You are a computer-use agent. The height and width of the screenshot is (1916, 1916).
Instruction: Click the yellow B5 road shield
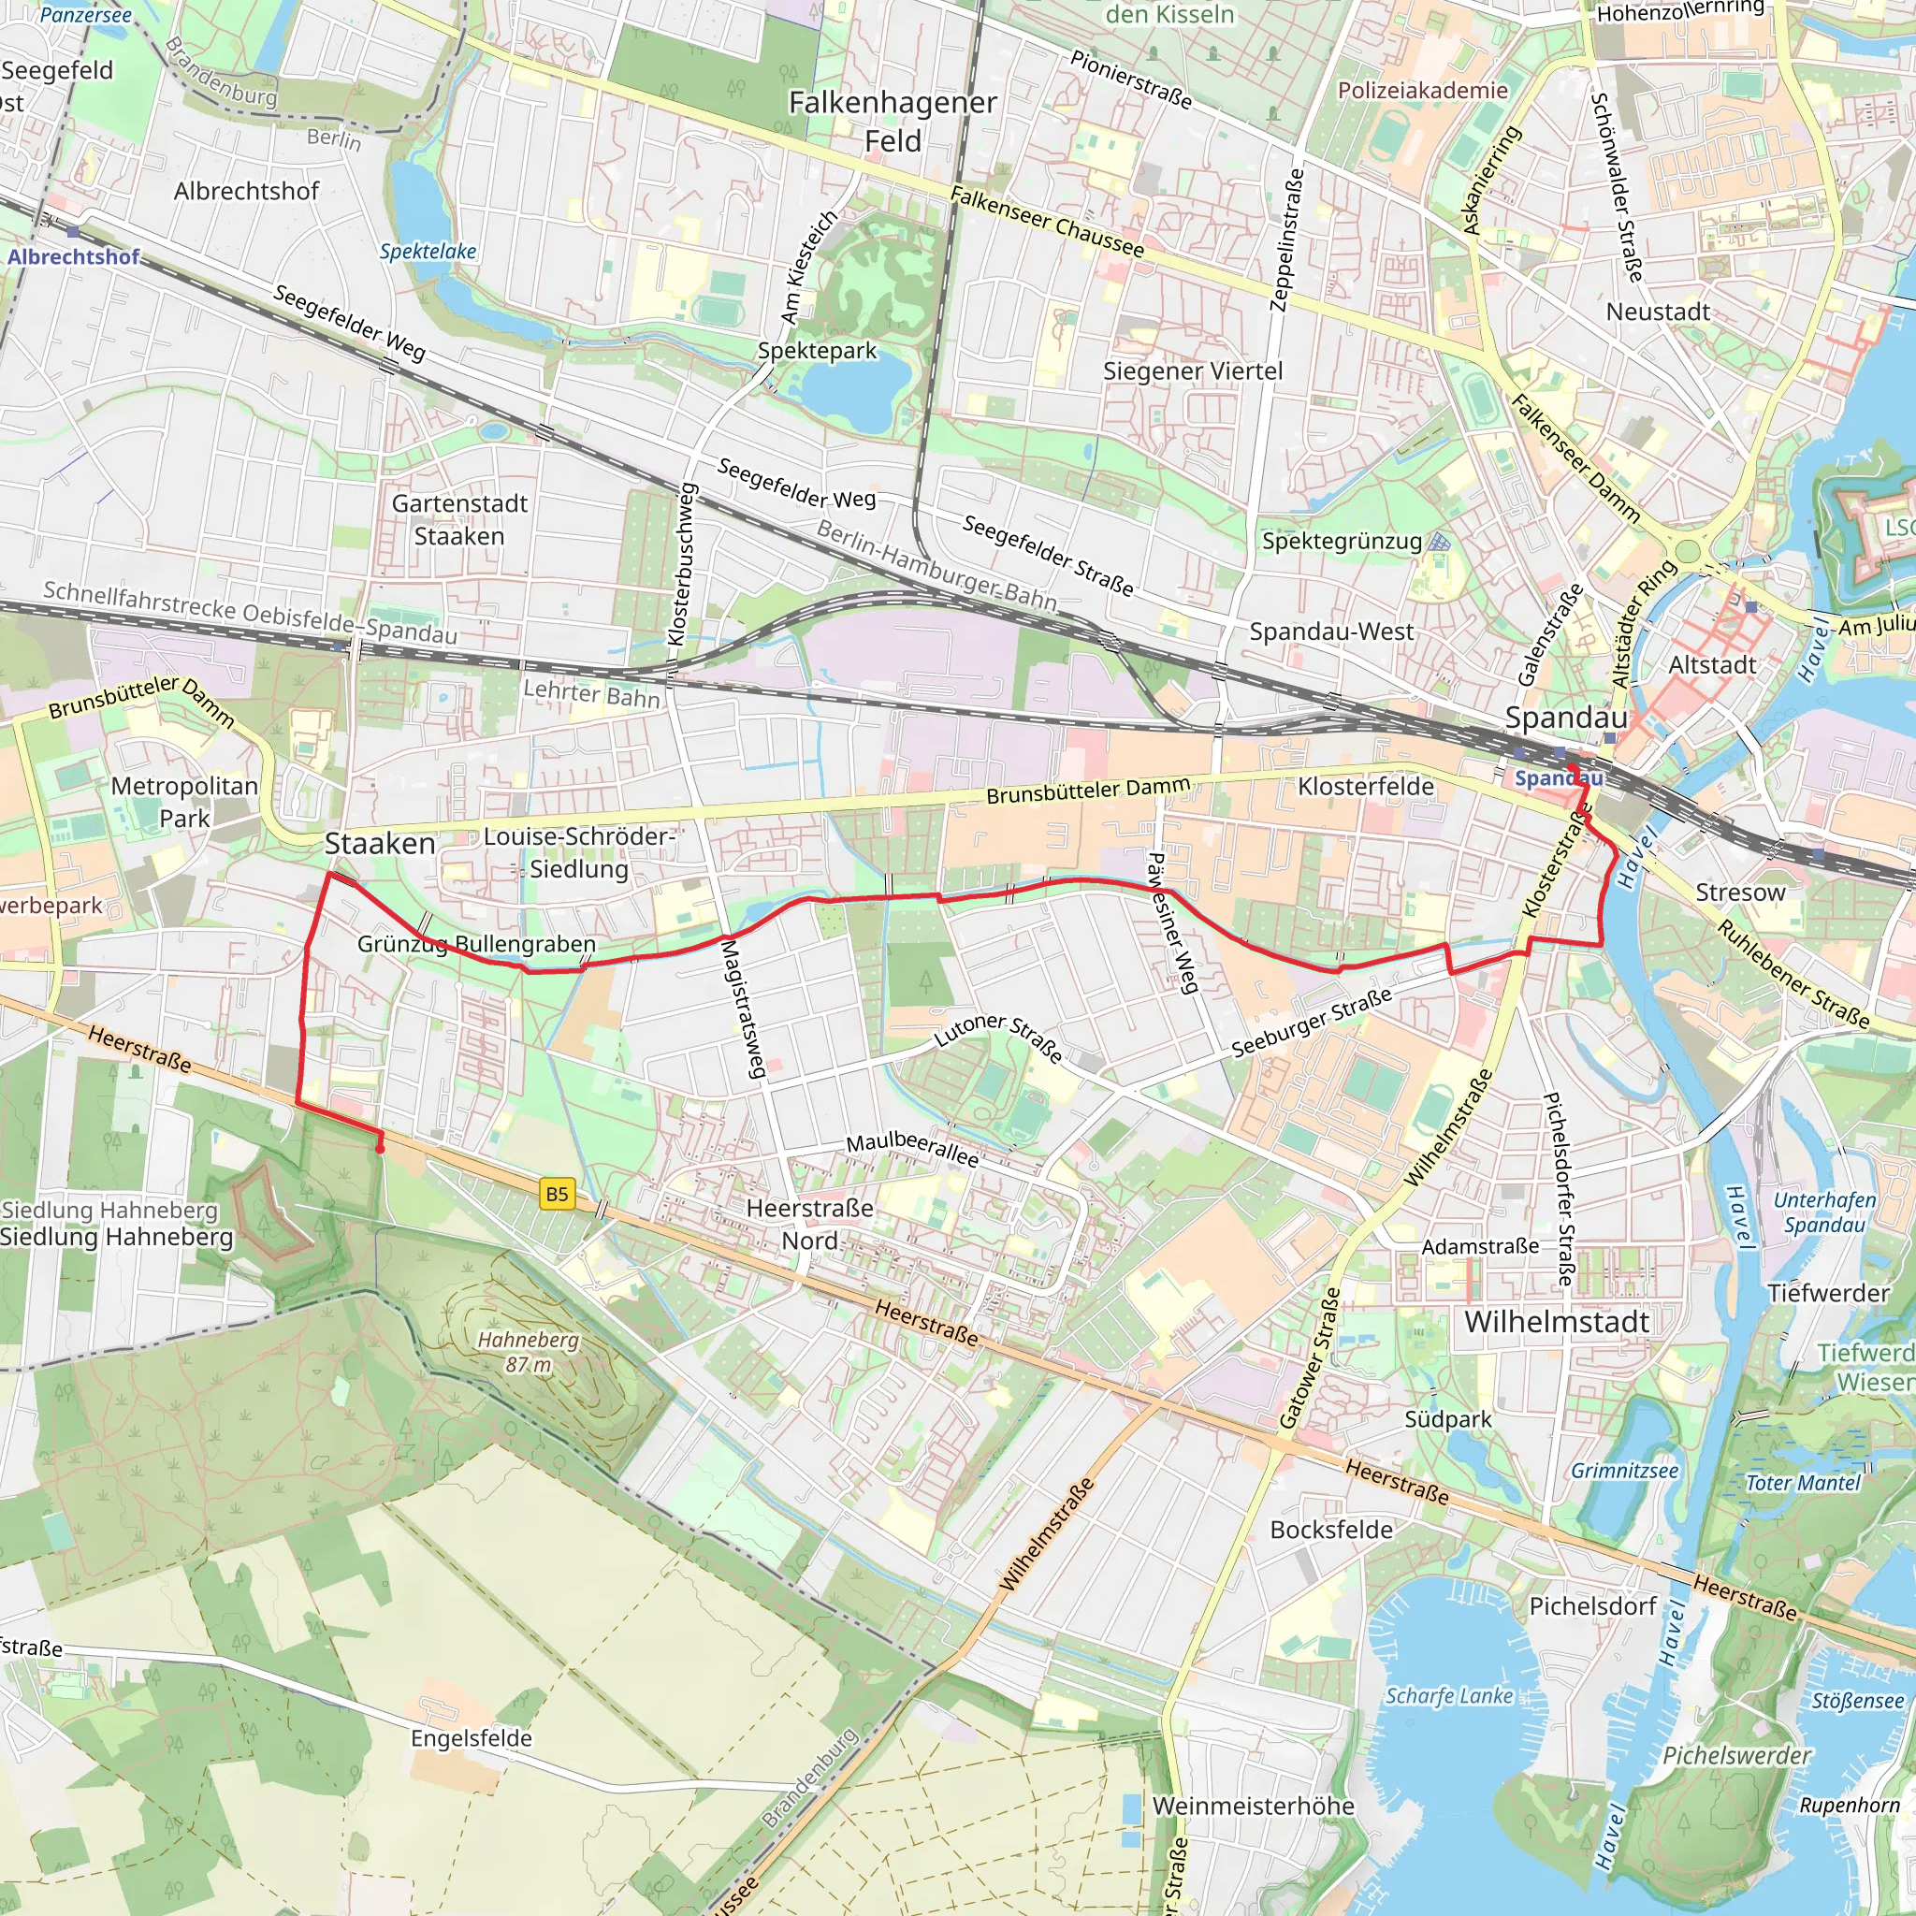tap(558, 1194)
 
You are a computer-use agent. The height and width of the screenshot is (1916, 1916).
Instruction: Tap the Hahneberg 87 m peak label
tap(528, 1352)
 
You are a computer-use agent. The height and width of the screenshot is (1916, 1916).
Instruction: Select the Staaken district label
tap(380, 844)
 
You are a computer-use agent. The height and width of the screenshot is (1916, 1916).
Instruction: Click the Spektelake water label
tap(428, 252)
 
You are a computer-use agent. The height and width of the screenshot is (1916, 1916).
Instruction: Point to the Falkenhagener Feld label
tap(893, 121)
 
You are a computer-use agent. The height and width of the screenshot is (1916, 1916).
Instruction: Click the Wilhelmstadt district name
tap(1556, 1322)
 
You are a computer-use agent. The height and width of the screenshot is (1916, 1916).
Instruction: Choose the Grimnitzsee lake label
tap(1624, 1471)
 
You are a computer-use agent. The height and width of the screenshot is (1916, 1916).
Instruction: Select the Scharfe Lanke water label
tap(1449, 1696)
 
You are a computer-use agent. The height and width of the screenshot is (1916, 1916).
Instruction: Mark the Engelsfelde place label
tap(472, 1738)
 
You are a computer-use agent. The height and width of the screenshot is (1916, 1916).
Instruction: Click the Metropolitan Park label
tap(184, 803)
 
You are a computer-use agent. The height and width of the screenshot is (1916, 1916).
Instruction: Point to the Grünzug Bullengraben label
tap(476, 944)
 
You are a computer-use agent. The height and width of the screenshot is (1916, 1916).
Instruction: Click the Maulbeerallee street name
tap(911, 1150)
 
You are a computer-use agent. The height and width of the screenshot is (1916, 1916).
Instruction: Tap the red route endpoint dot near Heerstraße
tap(380, 1149)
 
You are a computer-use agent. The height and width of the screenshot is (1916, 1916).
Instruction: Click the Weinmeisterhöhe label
tap(1253, 1806)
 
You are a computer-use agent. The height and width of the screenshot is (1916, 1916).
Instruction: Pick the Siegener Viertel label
tap(1192, 370)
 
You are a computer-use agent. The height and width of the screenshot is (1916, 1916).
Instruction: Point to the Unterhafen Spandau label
tap(1823, 1212)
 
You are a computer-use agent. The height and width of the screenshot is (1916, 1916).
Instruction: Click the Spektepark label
tap(816, 351)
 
